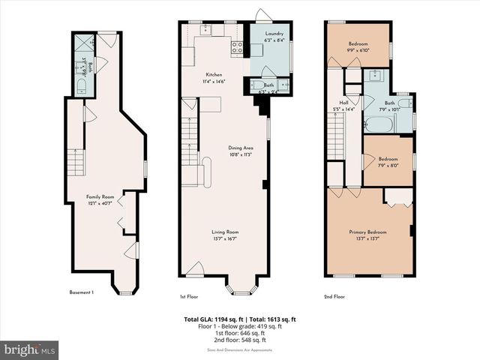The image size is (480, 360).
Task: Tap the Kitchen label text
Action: coord(214,75)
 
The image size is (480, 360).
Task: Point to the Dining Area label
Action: coord(240,148)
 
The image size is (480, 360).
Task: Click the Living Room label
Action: coord(224,232)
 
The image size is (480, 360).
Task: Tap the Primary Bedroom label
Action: coord(367,232)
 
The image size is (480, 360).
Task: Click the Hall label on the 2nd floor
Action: coord(343,103)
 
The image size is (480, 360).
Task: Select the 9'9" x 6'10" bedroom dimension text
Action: coord(358,50)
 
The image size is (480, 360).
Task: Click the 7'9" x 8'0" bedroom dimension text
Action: coord(388,165)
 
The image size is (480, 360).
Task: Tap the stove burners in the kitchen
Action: coord(237,48)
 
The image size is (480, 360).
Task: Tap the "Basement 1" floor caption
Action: coord(81,292)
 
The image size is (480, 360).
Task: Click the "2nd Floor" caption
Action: coord(334,296)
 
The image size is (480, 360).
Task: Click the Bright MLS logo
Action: coord(30,349)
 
